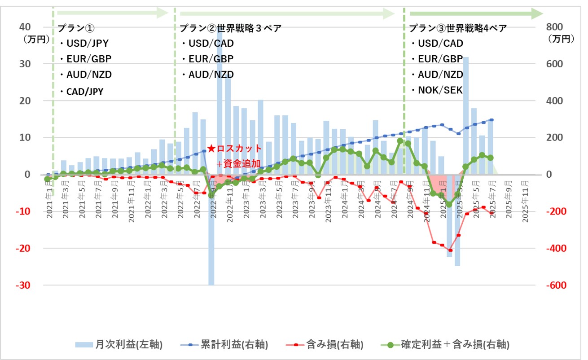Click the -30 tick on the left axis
pyautogui.click(x=23, y=285)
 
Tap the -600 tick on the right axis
pyautogui.click(x=556, y=285)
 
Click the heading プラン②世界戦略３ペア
pyautogui.click(x=230, y=29)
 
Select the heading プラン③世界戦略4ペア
pyautogui.click(x=458, y=29)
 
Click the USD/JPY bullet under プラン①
pyautogui.click(x=87, y=44)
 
